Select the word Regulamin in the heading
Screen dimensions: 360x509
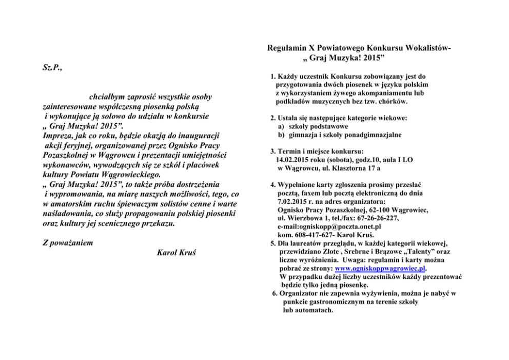[x=287, y=48]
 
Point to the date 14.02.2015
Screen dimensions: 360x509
[x=293, y=160]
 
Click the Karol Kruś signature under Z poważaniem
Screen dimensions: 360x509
[x=175, y=253]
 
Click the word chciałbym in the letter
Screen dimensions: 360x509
[x=107, y=97]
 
